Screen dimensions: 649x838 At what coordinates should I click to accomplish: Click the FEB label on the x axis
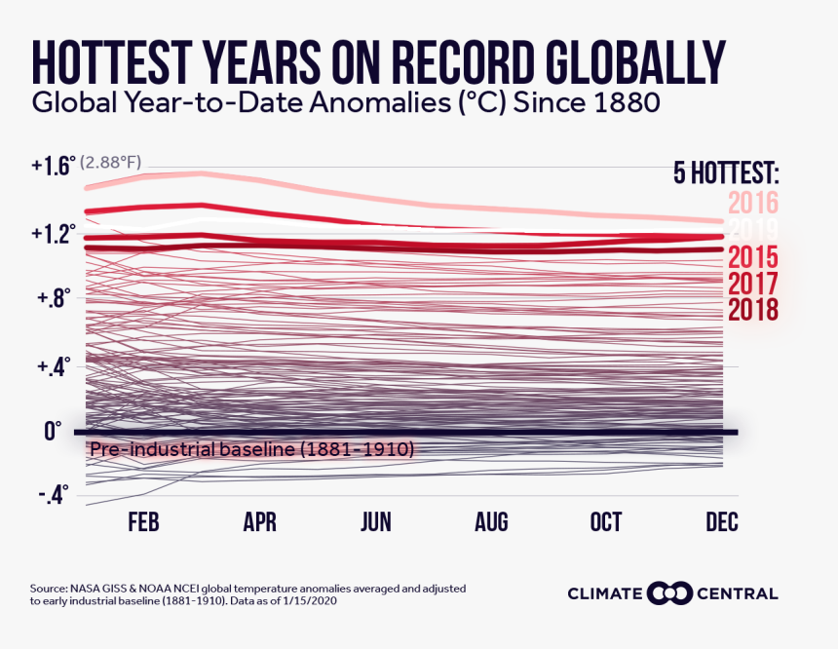click(x=143, y=523)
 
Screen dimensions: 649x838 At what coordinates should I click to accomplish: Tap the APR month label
click(x=259, y=523)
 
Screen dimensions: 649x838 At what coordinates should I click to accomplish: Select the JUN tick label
click(x=375, y=523)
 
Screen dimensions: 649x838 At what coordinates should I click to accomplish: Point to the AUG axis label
click(x=491, y=523)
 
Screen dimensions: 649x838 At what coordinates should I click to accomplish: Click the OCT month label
click(x=606, y=523)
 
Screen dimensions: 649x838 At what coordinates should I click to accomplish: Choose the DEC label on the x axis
click(x=721, y=523)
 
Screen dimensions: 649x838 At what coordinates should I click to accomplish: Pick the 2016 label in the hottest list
click(x=752, y=203)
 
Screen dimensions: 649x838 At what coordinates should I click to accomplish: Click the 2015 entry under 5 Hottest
click(x=752, y=258)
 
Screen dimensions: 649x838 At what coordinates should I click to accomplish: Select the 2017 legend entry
click(x=752, y=285)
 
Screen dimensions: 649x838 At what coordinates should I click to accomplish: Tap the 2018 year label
click(x=752, y=310)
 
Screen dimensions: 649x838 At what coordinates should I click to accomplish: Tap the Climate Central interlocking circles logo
click(x=670, y=593)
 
